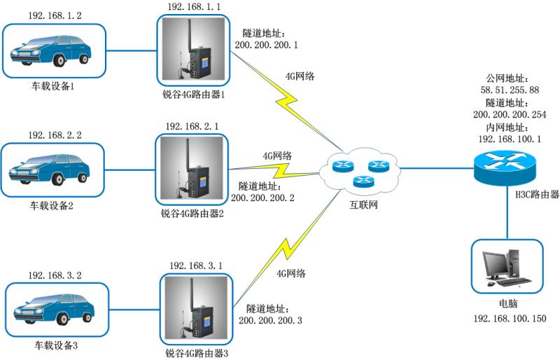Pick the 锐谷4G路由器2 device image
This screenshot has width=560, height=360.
coord(192,169)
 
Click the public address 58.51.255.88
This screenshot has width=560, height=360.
coord(509,90)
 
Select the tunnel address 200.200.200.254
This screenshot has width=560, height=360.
coord(509,115)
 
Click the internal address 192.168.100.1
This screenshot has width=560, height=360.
coord(509,139)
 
